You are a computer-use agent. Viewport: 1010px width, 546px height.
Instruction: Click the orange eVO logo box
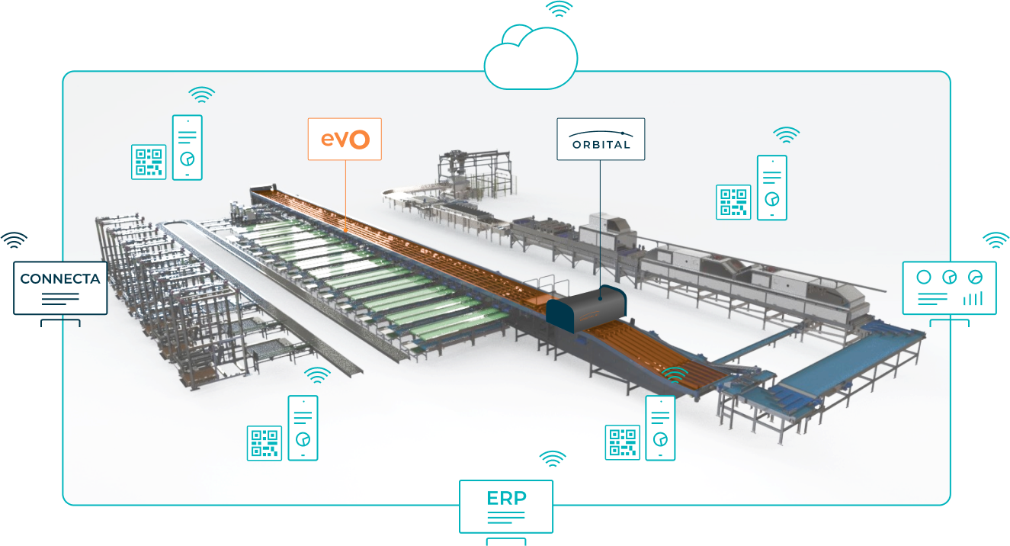point(345,139)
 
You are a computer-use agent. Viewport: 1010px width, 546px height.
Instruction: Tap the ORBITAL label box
point(601,139)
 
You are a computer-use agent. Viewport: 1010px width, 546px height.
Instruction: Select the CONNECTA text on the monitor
point(60,279)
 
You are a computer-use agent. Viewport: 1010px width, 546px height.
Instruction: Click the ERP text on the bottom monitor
point(506,498)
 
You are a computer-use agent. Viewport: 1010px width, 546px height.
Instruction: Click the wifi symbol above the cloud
point(559,10)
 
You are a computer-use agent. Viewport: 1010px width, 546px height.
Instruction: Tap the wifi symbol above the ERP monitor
point(553,458)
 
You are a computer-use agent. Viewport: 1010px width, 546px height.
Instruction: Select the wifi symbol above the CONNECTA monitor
point(13,240)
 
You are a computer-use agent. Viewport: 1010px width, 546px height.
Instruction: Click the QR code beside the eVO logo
point(149,162)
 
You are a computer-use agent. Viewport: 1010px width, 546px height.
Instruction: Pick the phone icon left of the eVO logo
point(188,147)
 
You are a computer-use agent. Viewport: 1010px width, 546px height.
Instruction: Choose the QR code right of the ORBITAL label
point(733,202)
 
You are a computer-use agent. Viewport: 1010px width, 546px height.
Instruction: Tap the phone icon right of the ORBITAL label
point(771,188)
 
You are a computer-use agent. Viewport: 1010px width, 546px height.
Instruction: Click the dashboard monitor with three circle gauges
point(949,287)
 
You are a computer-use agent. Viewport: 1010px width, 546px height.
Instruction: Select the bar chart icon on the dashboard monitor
point(972,297)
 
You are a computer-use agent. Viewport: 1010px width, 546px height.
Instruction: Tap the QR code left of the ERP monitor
point(265,443)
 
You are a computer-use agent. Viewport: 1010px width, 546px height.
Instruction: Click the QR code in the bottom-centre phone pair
point(623,443)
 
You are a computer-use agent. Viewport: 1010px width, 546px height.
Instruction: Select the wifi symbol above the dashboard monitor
point(996,240)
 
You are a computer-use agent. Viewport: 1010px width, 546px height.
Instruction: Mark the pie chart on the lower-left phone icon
point(303,439)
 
